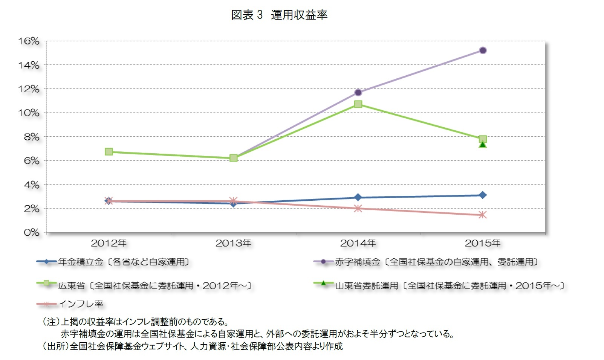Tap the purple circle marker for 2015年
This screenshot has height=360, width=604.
483,50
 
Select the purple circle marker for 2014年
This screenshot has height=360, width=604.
358,92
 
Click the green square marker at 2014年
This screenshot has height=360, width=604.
358,104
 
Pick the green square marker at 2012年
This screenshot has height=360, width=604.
109,152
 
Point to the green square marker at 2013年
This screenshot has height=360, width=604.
234,158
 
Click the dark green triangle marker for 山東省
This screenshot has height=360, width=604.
483,145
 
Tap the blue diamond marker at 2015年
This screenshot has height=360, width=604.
483,195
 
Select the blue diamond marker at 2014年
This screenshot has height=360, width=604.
358,197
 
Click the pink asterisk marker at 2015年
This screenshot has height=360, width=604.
483,215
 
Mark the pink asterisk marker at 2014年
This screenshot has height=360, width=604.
358,209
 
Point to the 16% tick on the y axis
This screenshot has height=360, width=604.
29,41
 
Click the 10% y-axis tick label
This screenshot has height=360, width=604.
29,113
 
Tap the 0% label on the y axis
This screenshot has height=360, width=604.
31,233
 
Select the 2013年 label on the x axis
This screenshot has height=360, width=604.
233,244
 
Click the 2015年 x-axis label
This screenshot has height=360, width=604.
483,244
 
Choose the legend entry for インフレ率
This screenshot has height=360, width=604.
81,304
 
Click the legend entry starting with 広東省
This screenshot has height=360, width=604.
154,286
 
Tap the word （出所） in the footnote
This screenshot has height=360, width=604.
55,346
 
